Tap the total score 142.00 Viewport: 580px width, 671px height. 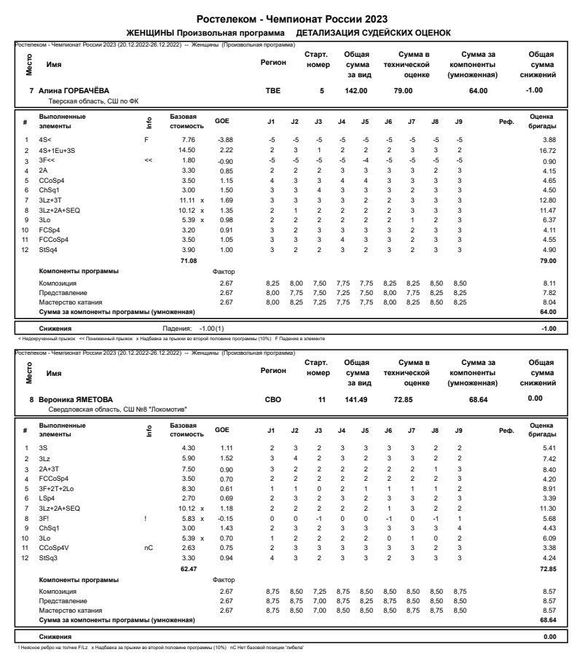pos(356,90)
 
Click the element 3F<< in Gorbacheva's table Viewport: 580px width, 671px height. pos(46,160)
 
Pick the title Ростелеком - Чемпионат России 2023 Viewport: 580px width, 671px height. pos(290,18)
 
